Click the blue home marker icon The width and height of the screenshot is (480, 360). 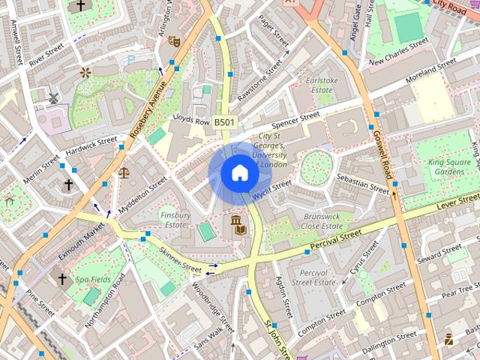tap(238, 173)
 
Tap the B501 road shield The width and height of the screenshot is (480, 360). tap(223, 121)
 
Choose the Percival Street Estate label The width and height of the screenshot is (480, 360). tap(313, 277)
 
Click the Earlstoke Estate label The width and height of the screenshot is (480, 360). tap(322, 85)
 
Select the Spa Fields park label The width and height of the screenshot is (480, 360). tap(92, 279)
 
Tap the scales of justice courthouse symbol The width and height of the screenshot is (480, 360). tap(123, 172)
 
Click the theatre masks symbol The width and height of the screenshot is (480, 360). tap(174, 42)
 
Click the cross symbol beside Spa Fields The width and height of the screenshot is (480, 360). tap(62, 279)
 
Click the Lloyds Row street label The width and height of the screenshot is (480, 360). tap(190, 120)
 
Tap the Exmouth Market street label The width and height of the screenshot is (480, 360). tap(80, 241)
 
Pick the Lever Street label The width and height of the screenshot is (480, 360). tap(457, 201)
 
